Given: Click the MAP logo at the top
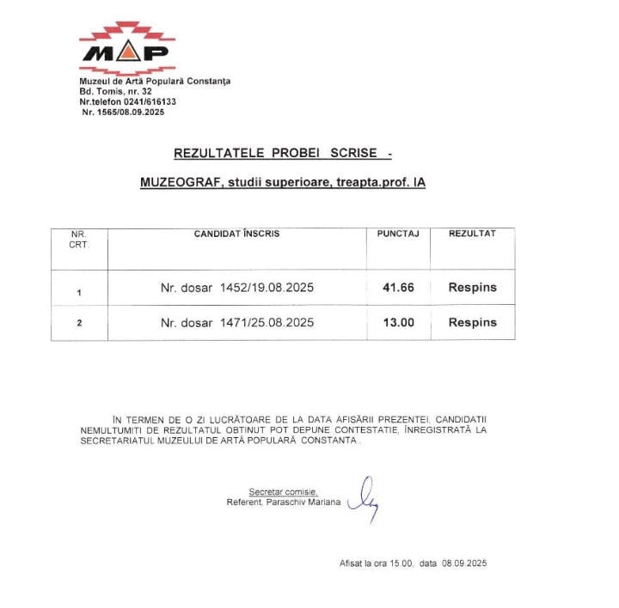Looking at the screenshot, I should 127,49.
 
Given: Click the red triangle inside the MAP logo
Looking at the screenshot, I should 127,54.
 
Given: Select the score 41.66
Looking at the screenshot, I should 398,288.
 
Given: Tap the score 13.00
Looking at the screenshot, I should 398,323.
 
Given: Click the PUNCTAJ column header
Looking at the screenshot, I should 398,234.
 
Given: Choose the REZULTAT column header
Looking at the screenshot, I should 472,234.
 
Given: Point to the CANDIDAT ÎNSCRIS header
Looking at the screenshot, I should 236,234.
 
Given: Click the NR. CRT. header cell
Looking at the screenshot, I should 79,239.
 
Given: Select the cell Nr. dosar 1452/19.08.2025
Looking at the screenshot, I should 237,288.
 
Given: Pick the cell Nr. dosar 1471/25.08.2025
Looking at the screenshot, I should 237,323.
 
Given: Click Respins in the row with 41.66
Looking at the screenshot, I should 472,288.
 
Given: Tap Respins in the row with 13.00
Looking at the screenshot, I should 472,323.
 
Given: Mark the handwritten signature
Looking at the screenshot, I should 364,499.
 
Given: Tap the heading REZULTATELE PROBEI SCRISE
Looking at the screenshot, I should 275,153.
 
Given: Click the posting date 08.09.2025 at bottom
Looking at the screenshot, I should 465,563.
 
